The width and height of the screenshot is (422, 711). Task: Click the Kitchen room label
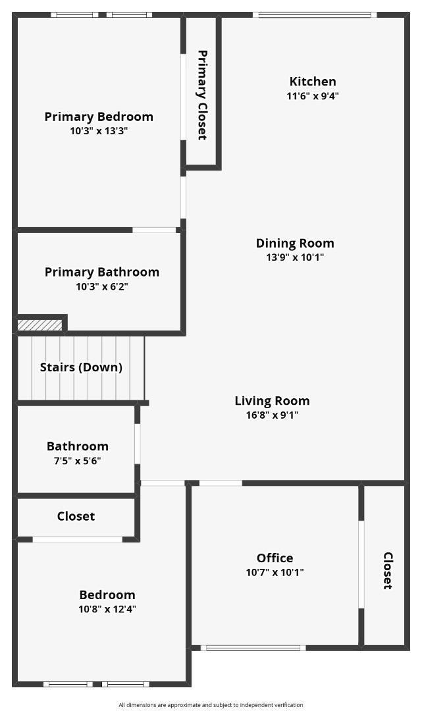pos(313,82)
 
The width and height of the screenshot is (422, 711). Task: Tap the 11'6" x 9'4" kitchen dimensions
pos(313,96)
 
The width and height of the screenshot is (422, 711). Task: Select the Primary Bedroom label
pos(99,117)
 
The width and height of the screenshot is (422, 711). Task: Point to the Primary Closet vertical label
pos(202,95)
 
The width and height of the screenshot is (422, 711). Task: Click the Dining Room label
pos(295,243)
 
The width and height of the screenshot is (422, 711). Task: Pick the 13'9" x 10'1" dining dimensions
pos(295,257)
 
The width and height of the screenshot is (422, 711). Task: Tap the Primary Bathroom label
pos(102,272)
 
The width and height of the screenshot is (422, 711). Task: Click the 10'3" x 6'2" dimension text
pos(102,286)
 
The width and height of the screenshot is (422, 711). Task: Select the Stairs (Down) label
pos(81,367)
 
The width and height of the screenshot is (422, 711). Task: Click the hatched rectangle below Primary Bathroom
pos(40,325)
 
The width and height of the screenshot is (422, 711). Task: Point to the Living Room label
pos(272,401)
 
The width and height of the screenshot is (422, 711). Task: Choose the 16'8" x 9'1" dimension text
pos(272,415)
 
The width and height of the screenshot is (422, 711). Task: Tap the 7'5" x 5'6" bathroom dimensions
pos(78,461)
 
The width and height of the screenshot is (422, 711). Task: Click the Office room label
pos(275,558)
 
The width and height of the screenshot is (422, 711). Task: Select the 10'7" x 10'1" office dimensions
pos(275,572)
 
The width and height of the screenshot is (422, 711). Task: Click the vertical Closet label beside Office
pos(388,571)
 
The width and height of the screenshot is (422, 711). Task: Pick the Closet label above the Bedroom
pos(76,516)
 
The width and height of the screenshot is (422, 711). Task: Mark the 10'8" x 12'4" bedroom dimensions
pos(107,609)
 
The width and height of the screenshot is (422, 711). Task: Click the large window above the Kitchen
pos(315,15)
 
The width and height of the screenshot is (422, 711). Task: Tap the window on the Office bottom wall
pos(253,648)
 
